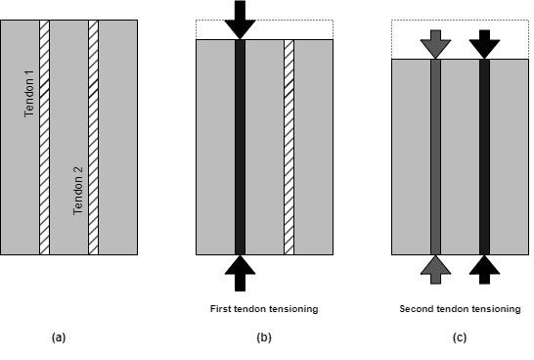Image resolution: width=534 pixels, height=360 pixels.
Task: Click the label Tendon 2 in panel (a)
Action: (x=78, y=191)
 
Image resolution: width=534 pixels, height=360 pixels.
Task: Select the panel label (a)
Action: (x=59, y=337)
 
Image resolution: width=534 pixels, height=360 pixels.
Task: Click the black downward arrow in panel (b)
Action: (x=240, y=20)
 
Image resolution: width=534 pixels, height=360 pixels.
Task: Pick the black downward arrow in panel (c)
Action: (x=484, y=42)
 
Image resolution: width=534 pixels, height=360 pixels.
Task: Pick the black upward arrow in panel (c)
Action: (x=484, y=268)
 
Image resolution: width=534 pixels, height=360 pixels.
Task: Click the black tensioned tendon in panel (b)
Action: (x=240, y=147)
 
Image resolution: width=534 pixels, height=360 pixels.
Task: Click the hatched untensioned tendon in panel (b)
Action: (x=289, y=147)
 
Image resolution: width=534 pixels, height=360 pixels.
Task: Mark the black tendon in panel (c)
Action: (x=484, y=157)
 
